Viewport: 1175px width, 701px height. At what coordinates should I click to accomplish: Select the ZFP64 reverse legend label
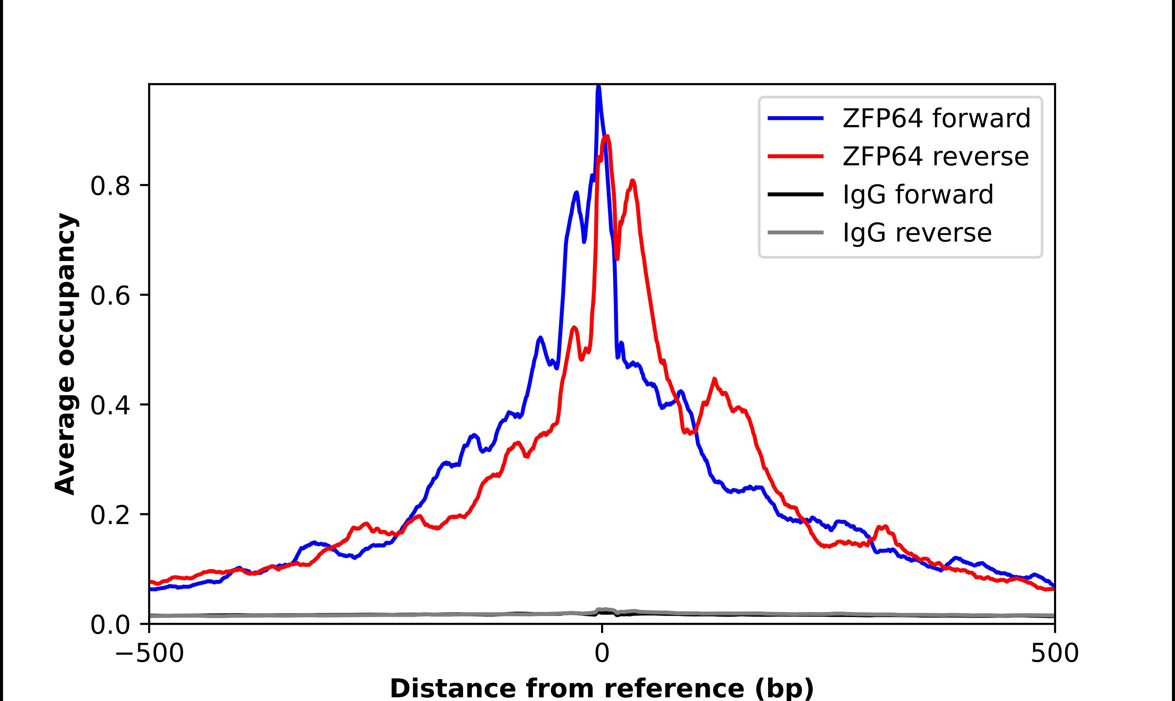[935, 156]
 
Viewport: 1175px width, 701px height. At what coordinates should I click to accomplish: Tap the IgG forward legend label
[918, 195]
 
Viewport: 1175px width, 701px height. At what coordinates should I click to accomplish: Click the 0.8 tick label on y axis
[110, 186]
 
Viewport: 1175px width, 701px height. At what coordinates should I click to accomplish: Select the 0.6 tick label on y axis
[110, 296]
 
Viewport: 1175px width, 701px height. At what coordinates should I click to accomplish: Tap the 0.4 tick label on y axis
[110, 405]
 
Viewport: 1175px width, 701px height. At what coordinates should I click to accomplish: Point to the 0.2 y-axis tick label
[110, 515]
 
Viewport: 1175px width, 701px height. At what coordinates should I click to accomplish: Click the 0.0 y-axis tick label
[110, 625]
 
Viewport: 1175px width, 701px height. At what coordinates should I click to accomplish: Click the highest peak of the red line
[607, 137]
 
